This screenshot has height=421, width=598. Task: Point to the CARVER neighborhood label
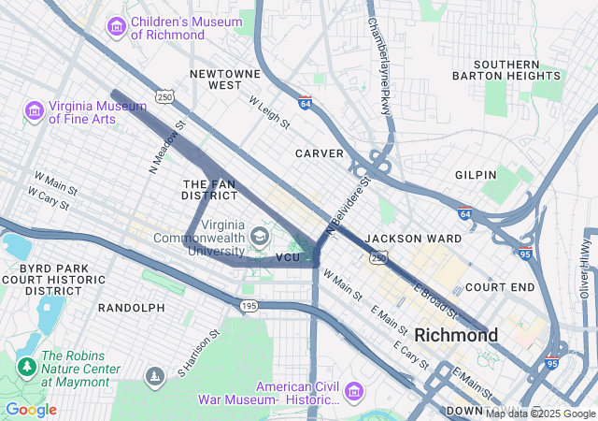[x=320, y=152]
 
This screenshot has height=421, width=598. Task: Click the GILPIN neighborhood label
[x=475, y=175]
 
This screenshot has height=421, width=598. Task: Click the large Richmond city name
[x=456, y=334]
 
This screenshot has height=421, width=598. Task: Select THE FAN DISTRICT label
[x=209, y=190]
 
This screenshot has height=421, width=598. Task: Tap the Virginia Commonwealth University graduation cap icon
[x=257, y=235]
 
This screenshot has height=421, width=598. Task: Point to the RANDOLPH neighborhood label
[x=131, y=307]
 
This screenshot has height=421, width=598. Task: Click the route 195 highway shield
[x=248, y=306]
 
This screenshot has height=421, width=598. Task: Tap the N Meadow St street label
[x=168, y=147]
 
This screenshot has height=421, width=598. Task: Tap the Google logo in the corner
[x=31, y=410]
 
